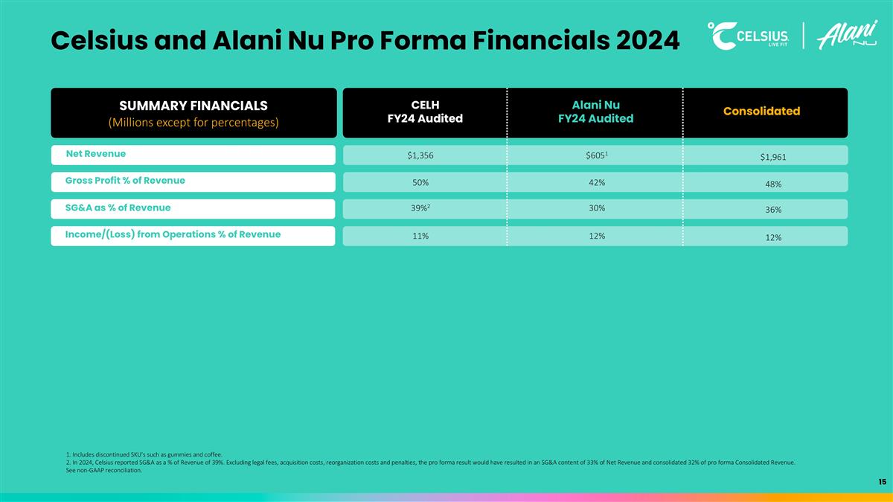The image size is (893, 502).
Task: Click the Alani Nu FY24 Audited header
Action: coord(595,112)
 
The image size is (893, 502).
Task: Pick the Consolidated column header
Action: coord(761,112)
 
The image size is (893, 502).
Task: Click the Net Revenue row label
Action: coord(96,154)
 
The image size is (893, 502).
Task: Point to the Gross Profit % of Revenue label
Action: coord(125,181)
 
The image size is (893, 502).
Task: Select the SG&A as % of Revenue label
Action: coord(118,207)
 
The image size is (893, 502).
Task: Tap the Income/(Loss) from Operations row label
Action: coord(173,234)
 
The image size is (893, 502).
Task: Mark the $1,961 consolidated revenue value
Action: coord(772,157)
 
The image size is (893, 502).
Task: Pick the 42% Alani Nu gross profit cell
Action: coord(596,182)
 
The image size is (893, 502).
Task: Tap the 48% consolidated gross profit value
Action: coord(772,184)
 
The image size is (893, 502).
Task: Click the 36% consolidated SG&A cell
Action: coord(772,210)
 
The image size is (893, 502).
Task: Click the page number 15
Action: coord(881,482)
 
